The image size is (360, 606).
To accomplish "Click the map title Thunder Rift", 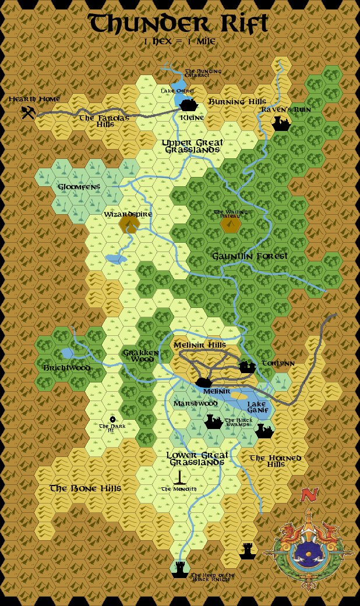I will (178, 24).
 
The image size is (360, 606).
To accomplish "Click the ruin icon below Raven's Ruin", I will (281, 123).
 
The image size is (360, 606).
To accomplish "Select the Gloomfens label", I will (79, 187).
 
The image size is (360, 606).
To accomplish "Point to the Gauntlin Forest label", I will (250, 256).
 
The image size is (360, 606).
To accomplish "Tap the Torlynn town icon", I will (248, 367).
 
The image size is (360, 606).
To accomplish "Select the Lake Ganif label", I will (257, 407).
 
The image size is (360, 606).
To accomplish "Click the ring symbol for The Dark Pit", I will (112, 419).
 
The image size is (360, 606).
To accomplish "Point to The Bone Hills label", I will (85, 488).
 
